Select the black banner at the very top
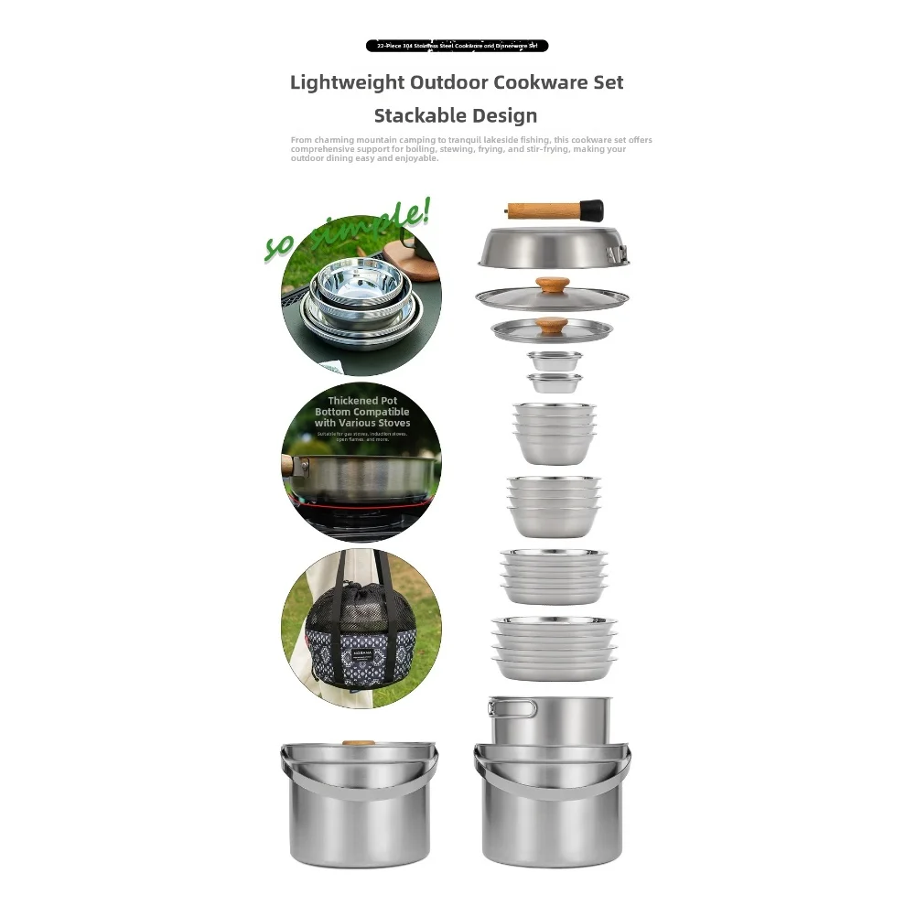tap(457, 46)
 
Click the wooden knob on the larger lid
tap(552, 285)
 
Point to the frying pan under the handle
tap(553, 248)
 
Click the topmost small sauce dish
tap(554, 361)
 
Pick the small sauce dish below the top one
tap(554, 382)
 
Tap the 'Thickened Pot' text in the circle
tap(361, 401)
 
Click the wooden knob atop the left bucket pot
tap(359, 742)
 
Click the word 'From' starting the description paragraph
tap(300, 140)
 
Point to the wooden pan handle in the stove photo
tap(288, 466)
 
